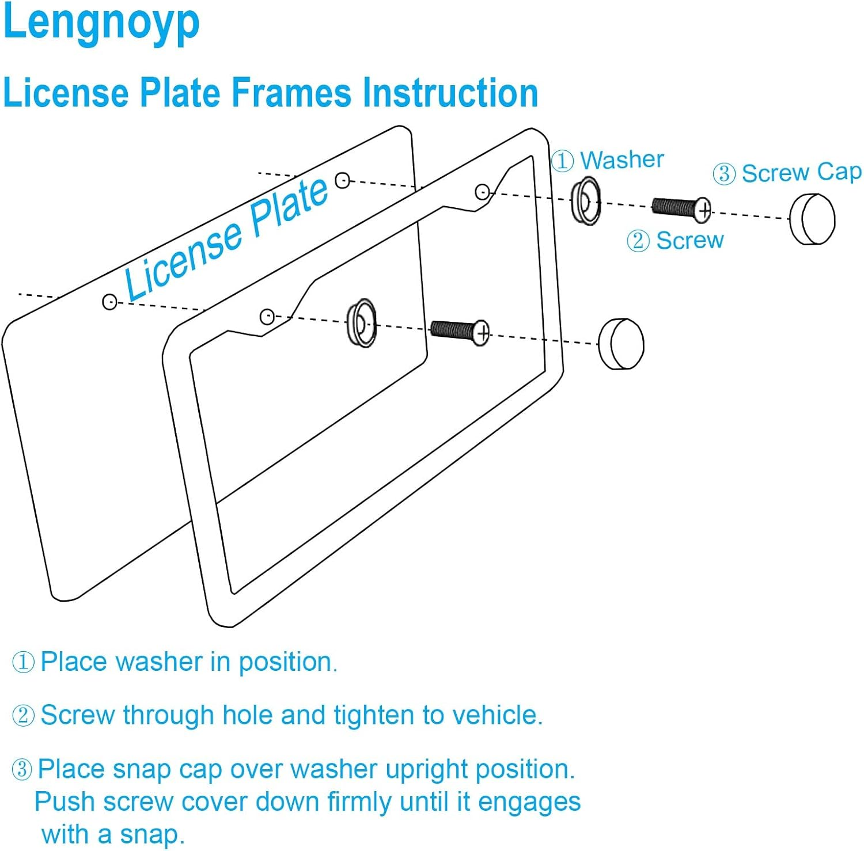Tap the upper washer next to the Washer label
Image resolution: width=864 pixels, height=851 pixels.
click(x=585, y=202)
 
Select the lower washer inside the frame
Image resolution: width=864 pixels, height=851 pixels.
click(x=361, y=323)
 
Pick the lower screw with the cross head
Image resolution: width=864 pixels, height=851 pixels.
click(x=460, y=331)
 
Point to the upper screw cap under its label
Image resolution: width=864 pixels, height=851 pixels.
click(x=812, y=219)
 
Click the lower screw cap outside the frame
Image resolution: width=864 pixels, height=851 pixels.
click(x=621, y=344)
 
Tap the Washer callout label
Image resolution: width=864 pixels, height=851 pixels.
click(x=622, y=159)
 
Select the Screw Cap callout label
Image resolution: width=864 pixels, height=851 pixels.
click(x=801, y=172)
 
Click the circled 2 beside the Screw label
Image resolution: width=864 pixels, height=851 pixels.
click(x=638, y=241)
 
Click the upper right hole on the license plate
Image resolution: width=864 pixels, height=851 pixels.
click(x=342, y=180)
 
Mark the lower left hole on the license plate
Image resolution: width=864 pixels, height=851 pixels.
click(x=109, y=301)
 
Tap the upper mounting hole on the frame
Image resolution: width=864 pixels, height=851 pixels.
click(x=482, y=192)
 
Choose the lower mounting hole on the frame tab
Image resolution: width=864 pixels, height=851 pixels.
click(x=267, y=316)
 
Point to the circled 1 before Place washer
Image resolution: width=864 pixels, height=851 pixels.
click(x=24, y=662)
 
